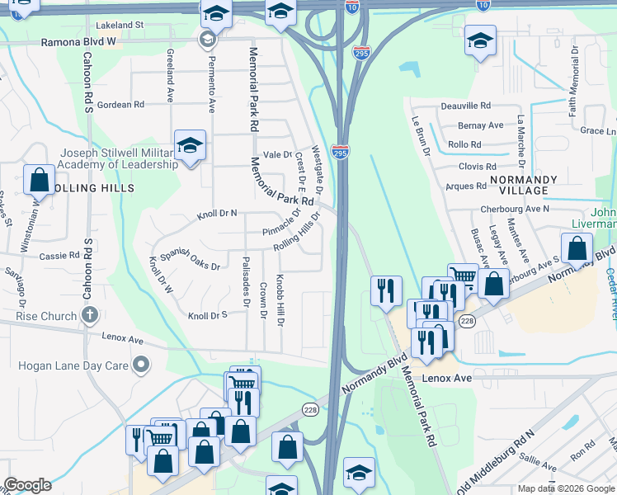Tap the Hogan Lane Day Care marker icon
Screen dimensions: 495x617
(142, 363)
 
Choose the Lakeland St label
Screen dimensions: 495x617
(120, 26)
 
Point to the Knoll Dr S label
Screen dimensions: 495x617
(207, 315)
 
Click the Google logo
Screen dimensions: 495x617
(27, 485)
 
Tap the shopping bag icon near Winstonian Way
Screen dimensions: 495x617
(39, 179)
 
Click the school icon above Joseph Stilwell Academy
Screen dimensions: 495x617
(190, 146)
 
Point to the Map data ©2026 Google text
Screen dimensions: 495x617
(565, 488)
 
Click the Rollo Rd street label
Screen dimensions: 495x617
(464, 144)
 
